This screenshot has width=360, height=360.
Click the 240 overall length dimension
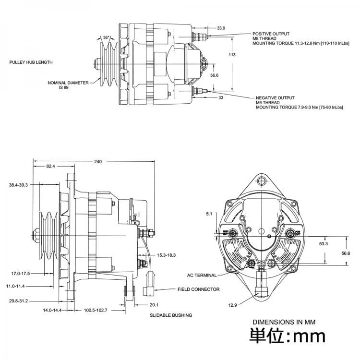pyautogui.click(x=98, y=162)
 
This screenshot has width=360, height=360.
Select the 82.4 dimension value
pyautogui.click(x=50, y=166)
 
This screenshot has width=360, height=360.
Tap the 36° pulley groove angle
pyautogui.click(x=106, y=37)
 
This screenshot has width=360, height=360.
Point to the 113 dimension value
pyautogui.click(x=232, y=55)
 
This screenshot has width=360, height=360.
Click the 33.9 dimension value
pyautogui.click(x=221, y=28)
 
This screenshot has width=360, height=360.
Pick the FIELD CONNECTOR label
pyautogui.click(x=198, y=289)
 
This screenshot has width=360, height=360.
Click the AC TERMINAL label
pyautogui.click(x=202, y=276)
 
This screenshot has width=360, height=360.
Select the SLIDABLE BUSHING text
pyautogui.click(x=171, y=315)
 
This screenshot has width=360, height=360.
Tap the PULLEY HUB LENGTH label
pyautogui.click(x=31, y=62)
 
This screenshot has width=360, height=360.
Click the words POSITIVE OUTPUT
pyautogui.click(x=271, y=34)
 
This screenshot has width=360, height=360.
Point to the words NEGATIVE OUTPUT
pyautogui.click(x=275, y=97)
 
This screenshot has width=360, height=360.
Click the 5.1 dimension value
pyautogui.click(x=208, y=213)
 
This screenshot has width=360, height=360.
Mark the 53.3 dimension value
pyautogui.click(x=323, y=244)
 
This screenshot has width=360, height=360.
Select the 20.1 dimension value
pyautogui.click(x=154, y=304)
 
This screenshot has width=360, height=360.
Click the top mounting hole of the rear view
pyautogui.click(x=262, y=181)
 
